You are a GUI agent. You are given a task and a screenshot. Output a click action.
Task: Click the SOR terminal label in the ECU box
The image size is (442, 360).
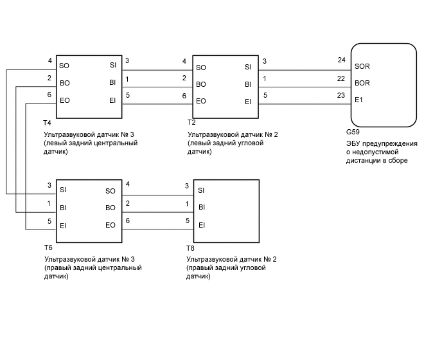tap(362, 66)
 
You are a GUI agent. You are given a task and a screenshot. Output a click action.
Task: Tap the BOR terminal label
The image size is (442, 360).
tap(362, 83)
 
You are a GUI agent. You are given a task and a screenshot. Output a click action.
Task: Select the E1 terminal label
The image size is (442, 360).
tap(358, 100)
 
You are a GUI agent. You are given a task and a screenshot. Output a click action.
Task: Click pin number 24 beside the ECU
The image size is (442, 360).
tap(341, 61)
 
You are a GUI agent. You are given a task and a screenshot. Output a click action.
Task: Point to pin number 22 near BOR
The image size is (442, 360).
tap(341, 78)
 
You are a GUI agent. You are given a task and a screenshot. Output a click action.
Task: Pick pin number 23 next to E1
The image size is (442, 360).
tap(341, 96)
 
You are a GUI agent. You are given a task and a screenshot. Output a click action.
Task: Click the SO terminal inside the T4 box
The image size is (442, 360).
tap(64, 66)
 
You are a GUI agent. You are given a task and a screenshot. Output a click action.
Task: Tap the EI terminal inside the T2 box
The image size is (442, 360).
tap(248, 101)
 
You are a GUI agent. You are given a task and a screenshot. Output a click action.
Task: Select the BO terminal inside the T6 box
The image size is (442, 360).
tap(110, 208)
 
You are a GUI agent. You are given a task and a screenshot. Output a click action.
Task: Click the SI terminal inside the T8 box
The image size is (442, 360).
tap(201, 190)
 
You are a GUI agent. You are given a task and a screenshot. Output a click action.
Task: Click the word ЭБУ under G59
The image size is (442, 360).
tap(353, 144)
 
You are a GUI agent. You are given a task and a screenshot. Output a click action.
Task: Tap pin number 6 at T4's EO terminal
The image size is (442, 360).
tap(49, 96)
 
